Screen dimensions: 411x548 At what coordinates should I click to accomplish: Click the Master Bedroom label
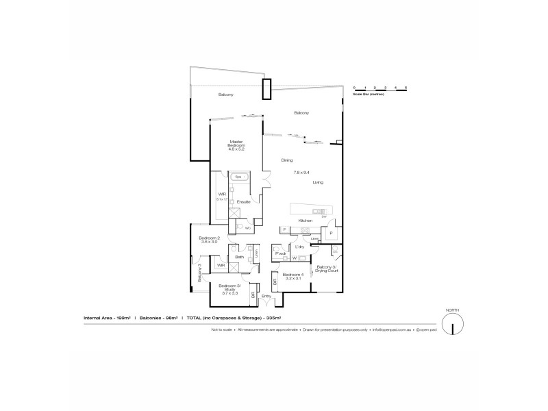pyautogui.click(x=237, y=145)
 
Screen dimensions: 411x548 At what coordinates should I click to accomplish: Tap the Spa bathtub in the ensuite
pyautogui.click(x=239, y=177)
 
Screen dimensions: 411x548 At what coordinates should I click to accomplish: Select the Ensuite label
pyautogui.click(x=243, y=201)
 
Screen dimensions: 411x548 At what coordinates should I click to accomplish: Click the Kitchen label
pyautogui.click(x=306, y=221)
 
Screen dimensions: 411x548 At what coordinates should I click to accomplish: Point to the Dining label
pyautogui.click(x=287, y=161)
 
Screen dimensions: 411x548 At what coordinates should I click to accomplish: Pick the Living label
pyautogui.click(x=318, y=182)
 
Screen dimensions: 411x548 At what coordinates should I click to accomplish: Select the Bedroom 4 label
pyautogui.click(x=292, y=276)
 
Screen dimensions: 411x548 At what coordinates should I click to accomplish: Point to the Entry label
pyautogui.click(x=266, y=296)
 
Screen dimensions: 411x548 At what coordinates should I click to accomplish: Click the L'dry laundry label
pyautogui.click(x=299, y=247)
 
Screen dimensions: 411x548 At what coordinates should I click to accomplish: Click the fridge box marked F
pyautogui.click(x=284, y=229)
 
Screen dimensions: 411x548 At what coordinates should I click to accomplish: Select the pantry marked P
pyautogui.click(x=331, y=233)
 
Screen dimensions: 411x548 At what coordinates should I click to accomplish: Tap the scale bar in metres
pyautogui.click(x=380, y=89)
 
